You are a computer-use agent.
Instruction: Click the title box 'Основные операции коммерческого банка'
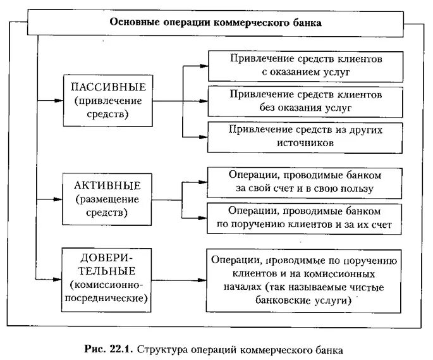coord(216,22)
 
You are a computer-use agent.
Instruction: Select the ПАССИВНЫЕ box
coord(109,100)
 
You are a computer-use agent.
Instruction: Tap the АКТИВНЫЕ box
coord(109,199)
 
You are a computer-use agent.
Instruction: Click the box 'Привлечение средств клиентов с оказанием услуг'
coord(305,65)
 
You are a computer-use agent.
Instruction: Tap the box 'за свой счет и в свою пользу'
coord(304,182)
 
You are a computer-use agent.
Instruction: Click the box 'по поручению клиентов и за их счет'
coord(304,218)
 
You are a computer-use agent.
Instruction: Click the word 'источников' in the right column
coord(305,144)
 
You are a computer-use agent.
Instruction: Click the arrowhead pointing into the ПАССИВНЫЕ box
coord(61,100)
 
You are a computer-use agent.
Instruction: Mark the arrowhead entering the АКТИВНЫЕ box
coord(61,199)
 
